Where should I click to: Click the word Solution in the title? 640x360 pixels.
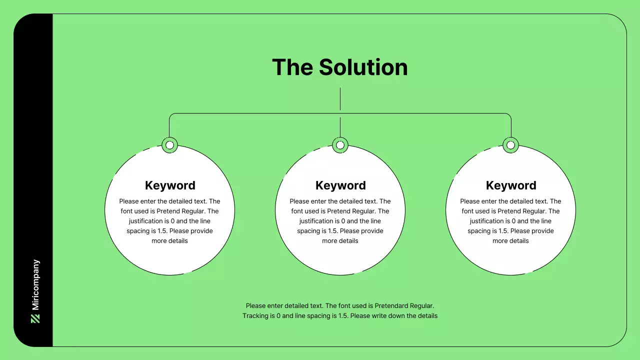tap(363, 67)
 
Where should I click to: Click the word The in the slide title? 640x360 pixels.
tap(292, 67)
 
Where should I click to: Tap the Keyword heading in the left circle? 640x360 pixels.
tap(170, 185)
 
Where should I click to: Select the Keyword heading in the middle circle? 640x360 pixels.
tap(340, 185)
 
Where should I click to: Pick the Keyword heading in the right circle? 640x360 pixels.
tap(511, 185)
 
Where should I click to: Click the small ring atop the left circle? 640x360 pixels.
tap(170, 145)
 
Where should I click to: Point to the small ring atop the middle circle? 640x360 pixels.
tap(340, 145)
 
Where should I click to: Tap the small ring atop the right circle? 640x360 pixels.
tap(510, 145)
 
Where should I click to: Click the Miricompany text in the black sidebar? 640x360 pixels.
tap(35, 285)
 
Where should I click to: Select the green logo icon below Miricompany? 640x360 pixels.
tap(35, 318)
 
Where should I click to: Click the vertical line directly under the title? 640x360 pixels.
tap(340, 99)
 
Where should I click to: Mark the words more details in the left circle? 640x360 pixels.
tap(170, 241)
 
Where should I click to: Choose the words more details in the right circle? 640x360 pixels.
tap(510, 241)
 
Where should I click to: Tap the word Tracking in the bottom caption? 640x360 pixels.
tap(255, 316)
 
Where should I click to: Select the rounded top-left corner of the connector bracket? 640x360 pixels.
tap(171, 115)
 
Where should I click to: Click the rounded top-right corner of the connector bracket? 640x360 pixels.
tap(509, 115)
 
